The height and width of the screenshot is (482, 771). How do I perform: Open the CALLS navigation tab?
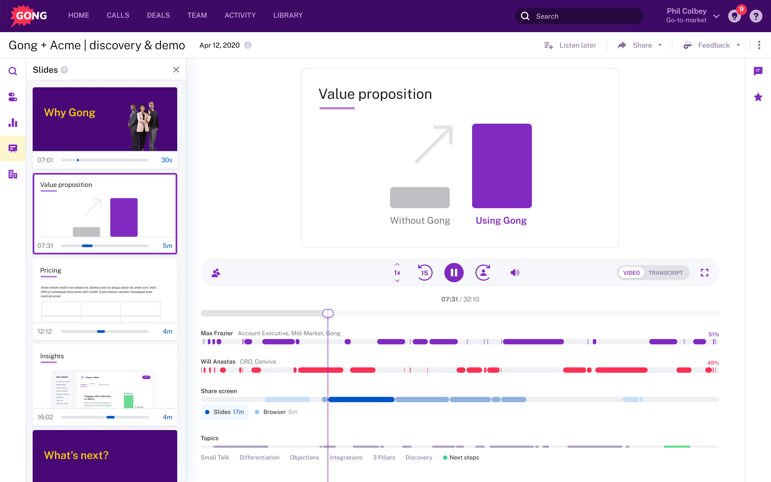pos(118,15)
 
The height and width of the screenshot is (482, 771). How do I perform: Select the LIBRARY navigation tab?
pos(288,15)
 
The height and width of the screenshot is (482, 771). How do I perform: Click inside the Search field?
pos(583,16)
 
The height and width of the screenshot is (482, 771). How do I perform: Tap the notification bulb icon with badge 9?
pos(734,16)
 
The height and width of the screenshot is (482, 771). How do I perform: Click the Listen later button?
pos(570,45)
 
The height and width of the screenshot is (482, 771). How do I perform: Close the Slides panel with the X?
pos(176,70)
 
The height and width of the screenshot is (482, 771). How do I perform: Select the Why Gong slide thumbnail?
pos(105,119)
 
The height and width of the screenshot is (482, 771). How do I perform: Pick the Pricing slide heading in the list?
pos(51,270)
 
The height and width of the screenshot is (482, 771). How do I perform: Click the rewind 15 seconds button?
pos(425,273)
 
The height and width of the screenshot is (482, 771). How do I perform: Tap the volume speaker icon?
pos(515,273)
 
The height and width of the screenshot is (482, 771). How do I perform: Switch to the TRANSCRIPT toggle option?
pos(665,273)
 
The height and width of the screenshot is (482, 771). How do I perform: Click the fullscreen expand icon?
pos(704,273)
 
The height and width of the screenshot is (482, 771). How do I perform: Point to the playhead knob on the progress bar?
pos(328,313)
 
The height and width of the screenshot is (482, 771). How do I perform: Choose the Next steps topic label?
pos(464,457)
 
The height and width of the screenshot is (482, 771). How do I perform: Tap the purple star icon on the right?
pos(758,97)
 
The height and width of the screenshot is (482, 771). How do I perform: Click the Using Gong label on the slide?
pos(501,220)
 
